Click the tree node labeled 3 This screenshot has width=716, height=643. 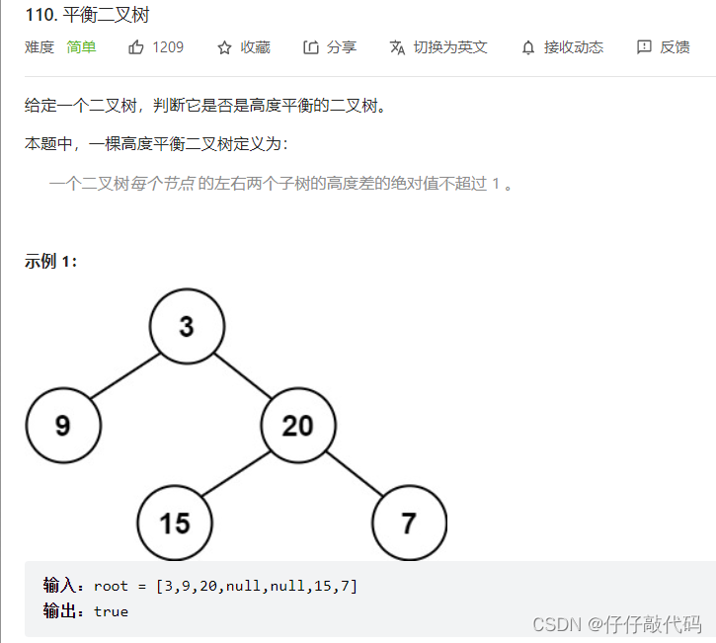click(x=188, y=327)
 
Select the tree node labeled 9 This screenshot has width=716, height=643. click(x=63, y=426)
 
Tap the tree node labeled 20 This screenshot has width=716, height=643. click(x=298, y=426)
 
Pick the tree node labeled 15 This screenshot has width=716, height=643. click(x=175, y=522)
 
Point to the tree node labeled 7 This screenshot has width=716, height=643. click(x=409, y=522)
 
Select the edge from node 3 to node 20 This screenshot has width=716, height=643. click(x=243, y=376)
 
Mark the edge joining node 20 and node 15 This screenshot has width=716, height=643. click(x=237, y=474)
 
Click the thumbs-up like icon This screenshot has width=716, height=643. click(x=136, y=47)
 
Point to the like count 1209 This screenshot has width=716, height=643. click(x=168, y=47)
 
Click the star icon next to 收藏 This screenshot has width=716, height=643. click(x=224, y=47)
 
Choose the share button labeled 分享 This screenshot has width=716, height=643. click(x=330, y=47)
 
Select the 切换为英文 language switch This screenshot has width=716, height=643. click(x=438, y=47)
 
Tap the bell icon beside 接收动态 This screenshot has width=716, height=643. click(x=528, y=47)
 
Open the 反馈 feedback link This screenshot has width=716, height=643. click(x=664, y=47)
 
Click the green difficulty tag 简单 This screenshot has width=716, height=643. click(x=81, y=47)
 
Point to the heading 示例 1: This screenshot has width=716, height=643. click(x=50, y=262)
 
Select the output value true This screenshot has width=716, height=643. click(x=111, y=611)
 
